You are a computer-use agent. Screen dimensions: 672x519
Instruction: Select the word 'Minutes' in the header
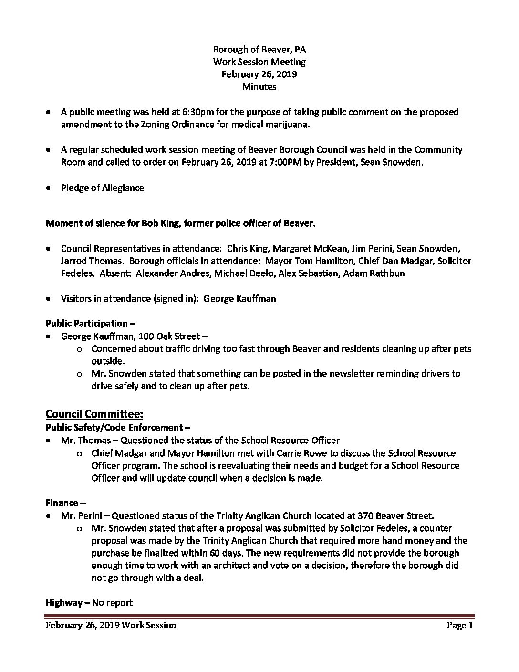click(x=259, y=86)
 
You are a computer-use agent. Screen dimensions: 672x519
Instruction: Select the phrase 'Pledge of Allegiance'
click(x=102, y=188)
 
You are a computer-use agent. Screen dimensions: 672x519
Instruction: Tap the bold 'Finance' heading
click(x=62, y=503)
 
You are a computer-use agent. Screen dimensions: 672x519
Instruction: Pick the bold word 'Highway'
click(x=64, y=603)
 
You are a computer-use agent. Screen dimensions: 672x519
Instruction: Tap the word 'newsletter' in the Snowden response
click(x=335, y=373)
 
